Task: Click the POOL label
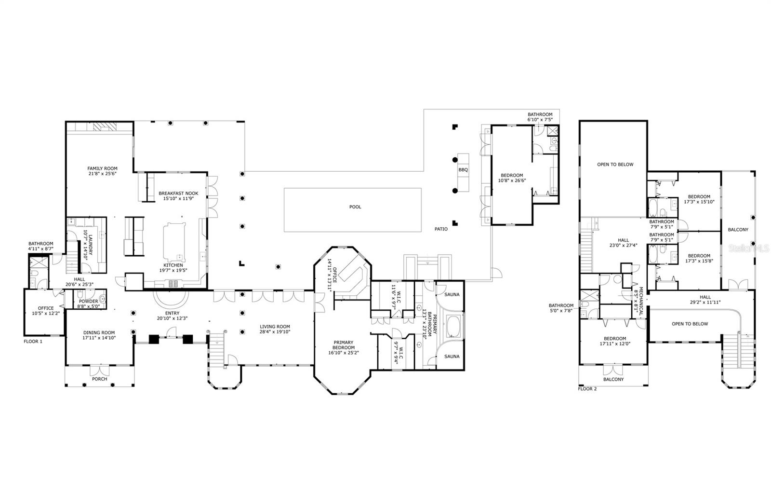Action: [355, 207]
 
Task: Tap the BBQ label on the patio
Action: [463, 170]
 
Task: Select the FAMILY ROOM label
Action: [102, 168]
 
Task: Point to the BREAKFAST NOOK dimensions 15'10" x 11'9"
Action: [178, 199]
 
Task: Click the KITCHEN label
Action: [173, 265]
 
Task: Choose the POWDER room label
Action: [88, 301]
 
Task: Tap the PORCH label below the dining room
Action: [100, 379]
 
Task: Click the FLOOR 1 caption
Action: [33, 341]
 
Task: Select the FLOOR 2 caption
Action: [587, 388]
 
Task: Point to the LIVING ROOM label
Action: [275, 327]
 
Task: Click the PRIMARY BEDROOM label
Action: [344, 345]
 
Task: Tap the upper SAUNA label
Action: [452, 294]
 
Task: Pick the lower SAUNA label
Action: [452, 357]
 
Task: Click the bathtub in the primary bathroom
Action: [454, 326]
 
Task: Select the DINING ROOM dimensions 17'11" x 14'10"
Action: [99, 338]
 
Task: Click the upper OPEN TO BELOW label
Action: [615, 165]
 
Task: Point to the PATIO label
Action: [440, 229]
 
